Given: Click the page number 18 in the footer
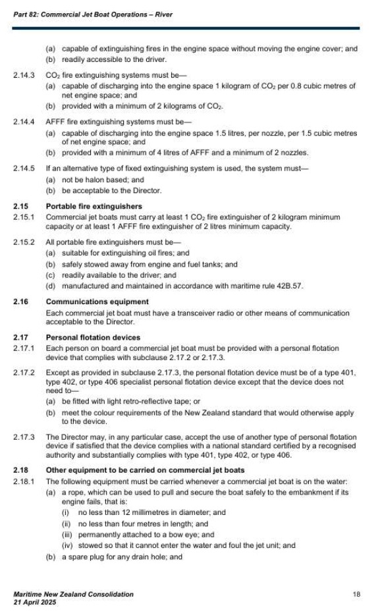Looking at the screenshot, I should tap(356, 595).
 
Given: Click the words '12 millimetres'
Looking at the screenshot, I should tap(140, 512).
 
